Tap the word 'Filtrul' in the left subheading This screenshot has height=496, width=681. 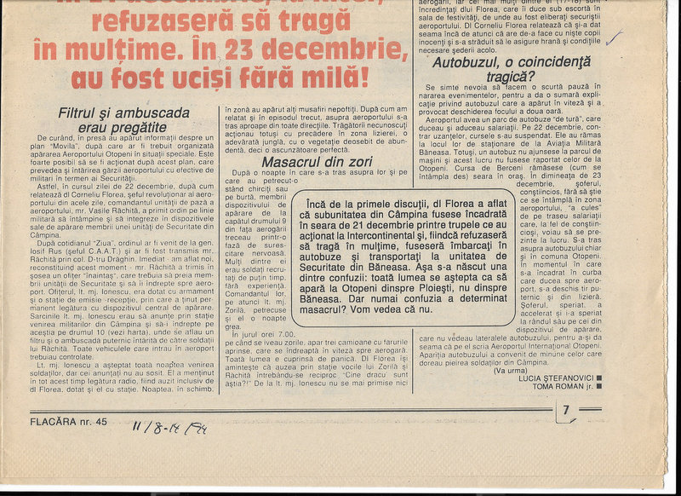[x=80, y=112]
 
